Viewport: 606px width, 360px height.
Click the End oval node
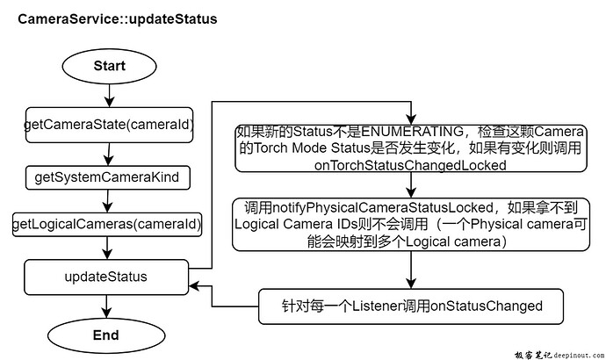106,335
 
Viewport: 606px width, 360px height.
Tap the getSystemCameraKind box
106,177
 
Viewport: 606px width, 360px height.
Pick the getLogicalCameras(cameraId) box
106,225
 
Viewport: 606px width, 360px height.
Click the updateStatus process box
106,277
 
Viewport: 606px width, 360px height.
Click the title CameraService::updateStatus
119,18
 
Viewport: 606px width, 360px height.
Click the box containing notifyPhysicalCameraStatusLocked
413,225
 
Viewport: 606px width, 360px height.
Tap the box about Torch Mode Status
411,148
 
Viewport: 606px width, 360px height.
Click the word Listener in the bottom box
383,306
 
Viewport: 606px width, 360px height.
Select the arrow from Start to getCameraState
106,95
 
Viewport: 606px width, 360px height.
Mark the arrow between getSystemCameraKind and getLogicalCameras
106,200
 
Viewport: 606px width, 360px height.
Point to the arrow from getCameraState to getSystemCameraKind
106,153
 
